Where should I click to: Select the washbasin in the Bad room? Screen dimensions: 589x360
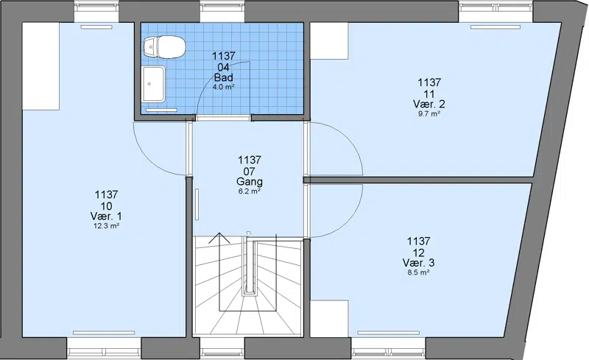click(x=154, y=84)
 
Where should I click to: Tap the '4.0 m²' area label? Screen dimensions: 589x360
click(x=224, y=87)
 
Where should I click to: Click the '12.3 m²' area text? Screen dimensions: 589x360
click(x=106, y=226)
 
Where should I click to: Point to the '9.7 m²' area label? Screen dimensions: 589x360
click(x=429, y=113)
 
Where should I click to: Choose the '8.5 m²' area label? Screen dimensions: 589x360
click(x=418, y=272)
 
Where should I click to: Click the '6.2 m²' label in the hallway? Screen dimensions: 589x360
click(x=250, y=191)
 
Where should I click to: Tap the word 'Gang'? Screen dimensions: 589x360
click(x=250, y=182)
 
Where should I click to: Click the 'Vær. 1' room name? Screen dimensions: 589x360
click(x=106, y=216)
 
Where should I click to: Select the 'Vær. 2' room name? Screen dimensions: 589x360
click(x=429, y=104)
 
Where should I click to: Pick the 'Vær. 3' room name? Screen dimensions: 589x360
click(x=418, y=262)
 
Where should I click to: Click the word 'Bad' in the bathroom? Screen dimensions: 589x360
click(x=224, y=78)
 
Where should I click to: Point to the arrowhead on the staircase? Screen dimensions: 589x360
click(x=219, y=238)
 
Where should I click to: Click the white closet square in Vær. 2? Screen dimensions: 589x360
click(x=329, y=40)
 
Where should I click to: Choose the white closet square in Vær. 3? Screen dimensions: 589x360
click(x=329, y=319)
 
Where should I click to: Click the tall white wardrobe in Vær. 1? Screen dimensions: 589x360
click(x=40, y=66)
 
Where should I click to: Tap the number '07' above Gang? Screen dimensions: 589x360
click(x=250, y=172)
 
